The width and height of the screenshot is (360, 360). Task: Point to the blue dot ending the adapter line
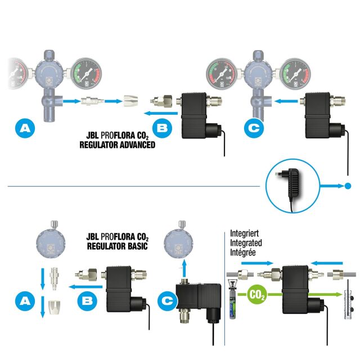coord(348,186)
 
